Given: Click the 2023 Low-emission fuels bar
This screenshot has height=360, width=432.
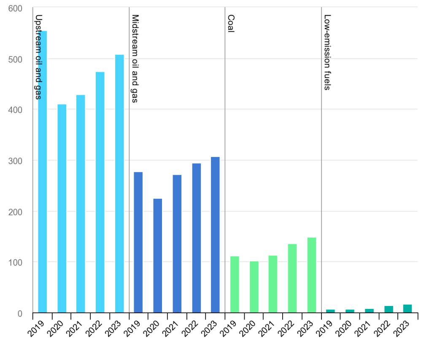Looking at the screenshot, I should click(x=408, y=309).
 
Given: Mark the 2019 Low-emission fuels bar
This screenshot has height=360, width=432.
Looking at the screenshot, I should click(x=331, y=311).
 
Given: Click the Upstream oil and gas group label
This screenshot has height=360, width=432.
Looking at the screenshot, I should click(x=38, y=57).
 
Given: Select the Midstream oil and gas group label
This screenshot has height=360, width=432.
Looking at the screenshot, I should click(x=135, y=59).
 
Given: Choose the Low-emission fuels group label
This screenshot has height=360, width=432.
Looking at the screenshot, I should click(x=327, y=52).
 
